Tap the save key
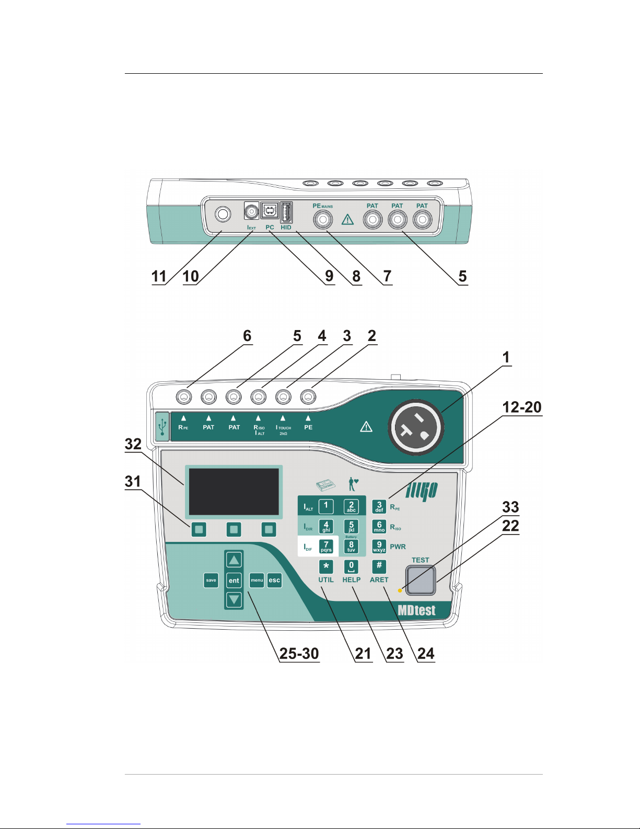point(211,580)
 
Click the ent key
point(234,581)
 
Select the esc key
point(274,580)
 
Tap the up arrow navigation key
point(234,560)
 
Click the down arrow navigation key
point(234,599)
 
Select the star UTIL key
point(326,566)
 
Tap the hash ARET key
point(379,566)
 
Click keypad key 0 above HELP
point(351,566)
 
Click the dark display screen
point(234,492)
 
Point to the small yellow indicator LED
point(400,590)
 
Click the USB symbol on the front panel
point(162,426)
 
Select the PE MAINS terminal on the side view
point(323,220)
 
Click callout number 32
point(133,445)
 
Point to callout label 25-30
point(299,654)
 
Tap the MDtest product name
point(416,610)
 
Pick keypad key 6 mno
point(379,526)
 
